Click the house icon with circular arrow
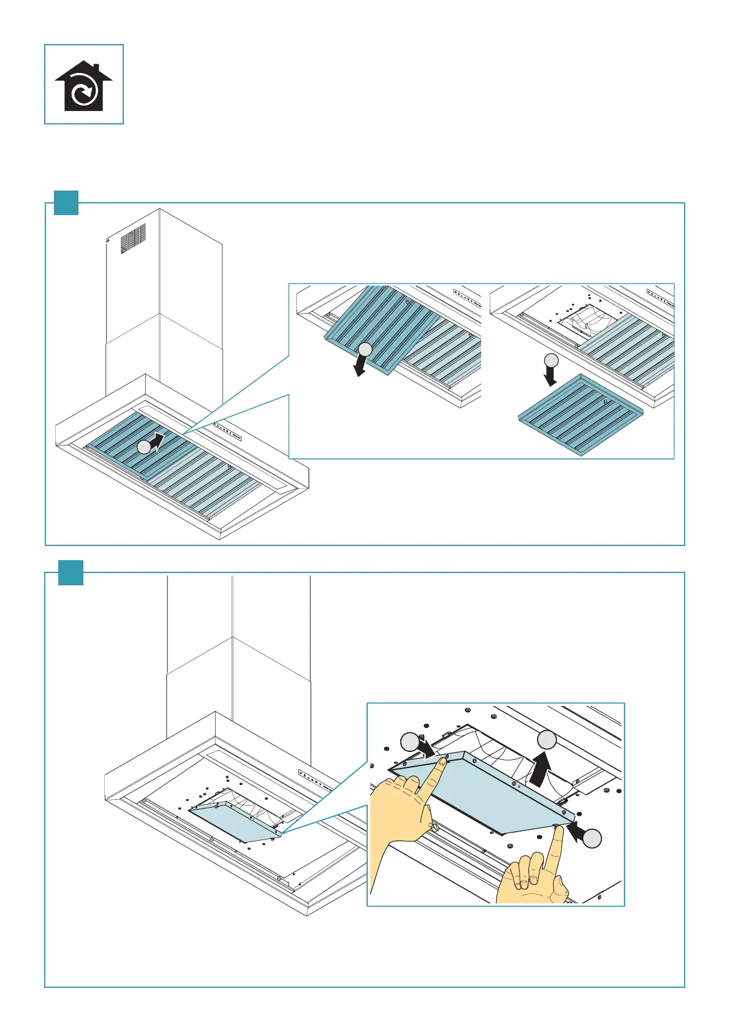pyautogui.click(x=83, y=85)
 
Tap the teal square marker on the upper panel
pyautogui.click(x=66, y=203)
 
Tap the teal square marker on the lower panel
pyautogui.click(x=70, y=572)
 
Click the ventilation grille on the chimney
pyautogui.click(x=133, y=238)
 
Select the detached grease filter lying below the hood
pyautogui.click(x=580, y=415)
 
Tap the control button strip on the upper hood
pyautogui.click(x=227, y=431)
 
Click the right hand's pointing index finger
pyautogui.click(x=557, y=849)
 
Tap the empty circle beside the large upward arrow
pyautogui.click(x=547, y=739)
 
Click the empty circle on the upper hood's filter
pyautogui.click(x=143, y=447)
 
